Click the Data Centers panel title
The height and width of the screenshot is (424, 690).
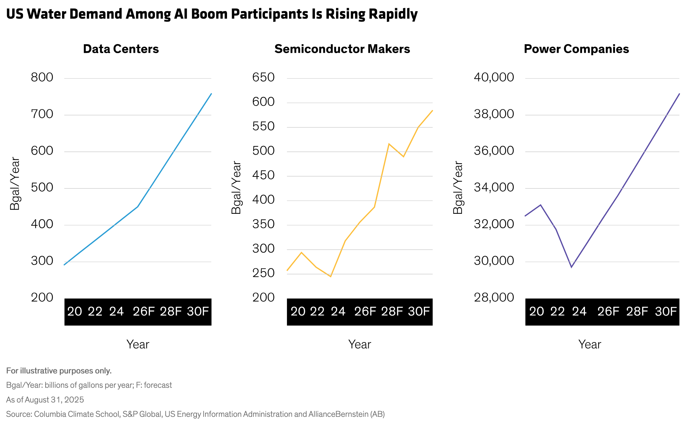tap(121, 49)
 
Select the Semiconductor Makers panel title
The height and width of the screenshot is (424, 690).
tap(342, 49)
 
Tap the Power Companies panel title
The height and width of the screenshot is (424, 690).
tap(576, 49)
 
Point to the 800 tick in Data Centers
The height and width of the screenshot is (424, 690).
tap(42, 77)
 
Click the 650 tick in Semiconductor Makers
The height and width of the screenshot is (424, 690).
tap(263, 77)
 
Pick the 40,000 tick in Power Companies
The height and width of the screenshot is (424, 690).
tap(494, 77)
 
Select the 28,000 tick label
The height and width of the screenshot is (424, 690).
tap(494, 297)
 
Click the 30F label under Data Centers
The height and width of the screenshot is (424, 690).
tap(198, 311)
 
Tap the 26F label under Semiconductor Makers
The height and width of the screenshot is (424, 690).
tap(365, 311)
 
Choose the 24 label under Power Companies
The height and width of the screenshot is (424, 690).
tap(579, 311)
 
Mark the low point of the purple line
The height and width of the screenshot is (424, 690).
tap(571, 267)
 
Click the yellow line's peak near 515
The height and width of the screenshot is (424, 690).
tap(389, 144)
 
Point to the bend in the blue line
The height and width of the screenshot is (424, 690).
tap(138, 207)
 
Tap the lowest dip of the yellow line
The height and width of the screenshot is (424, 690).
tap(331, 277)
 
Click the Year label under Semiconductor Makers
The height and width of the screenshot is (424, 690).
tap(359, 344)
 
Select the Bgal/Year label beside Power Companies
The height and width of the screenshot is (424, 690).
tap(458, 188)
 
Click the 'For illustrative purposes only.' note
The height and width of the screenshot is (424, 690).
tap(59, 371)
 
